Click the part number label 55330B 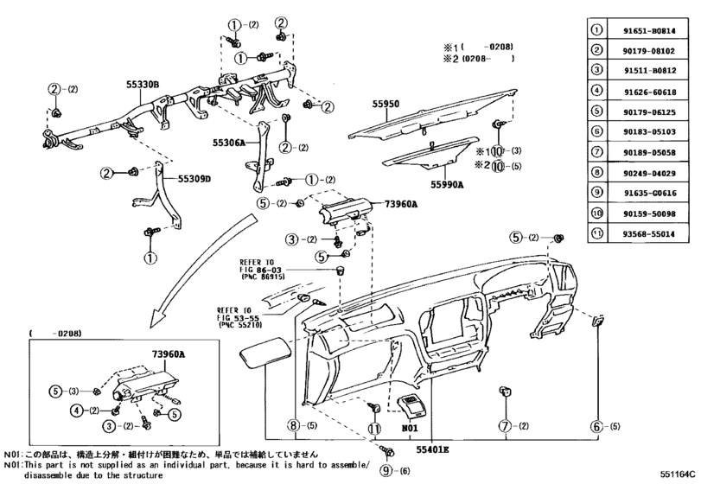click(143, 84)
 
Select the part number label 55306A click(230, 141)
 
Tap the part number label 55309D click(194, 179)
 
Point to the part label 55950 click(386, 104)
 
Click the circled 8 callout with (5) click(294, 426)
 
